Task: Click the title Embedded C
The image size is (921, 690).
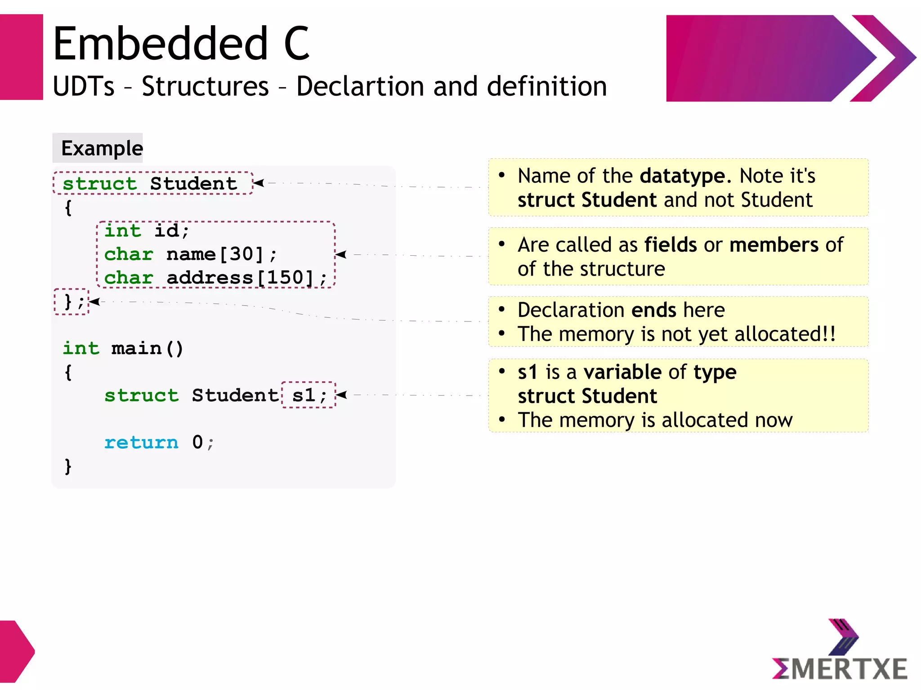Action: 181,44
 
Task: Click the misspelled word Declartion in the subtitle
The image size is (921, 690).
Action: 359,86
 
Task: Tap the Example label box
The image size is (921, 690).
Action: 98,148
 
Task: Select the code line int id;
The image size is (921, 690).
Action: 147,231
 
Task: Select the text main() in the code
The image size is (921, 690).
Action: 147,348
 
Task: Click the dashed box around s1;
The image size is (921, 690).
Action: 308,395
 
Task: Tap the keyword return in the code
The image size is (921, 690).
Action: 141,442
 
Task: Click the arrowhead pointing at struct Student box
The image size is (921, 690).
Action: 258,183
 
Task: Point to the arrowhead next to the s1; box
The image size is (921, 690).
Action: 341,395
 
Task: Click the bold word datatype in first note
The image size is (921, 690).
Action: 682,176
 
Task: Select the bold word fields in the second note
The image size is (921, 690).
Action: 671,245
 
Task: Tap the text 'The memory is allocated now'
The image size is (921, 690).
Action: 655,420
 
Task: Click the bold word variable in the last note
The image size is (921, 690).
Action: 622,372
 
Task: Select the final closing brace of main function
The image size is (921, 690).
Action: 68,466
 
